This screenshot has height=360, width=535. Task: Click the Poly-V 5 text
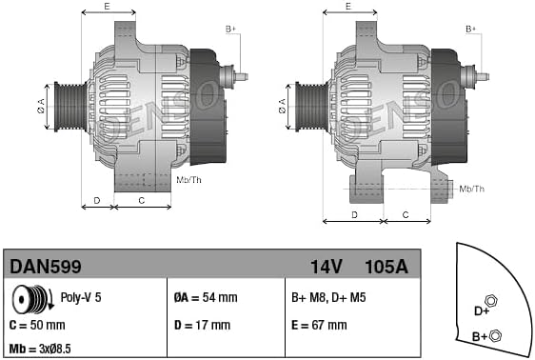[x=81, y=297]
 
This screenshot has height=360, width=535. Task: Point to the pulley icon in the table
[x=38, y=299]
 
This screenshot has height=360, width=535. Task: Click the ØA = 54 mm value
[x=208, y=297]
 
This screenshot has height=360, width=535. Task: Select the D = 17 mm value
[x=202, y=325]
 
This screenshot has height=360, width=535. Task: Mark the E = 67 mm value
[x=319, y=325]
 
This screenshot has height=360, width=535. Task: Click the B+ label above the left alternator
[x=229, y=30]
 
